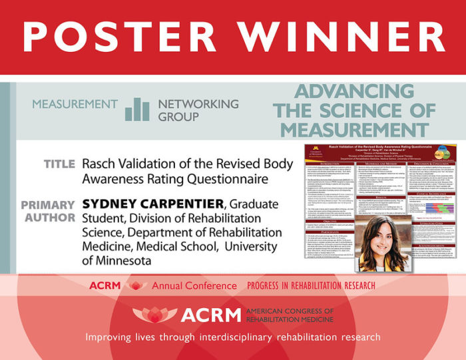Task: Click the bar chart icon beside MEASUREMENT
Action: [x=138, y=109]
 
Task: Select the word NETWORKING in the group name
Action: [x=198, y=104]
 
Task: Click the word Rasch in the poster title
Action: [x=101, y=164]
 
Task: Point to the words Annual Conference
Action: [x=194, y=285]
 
